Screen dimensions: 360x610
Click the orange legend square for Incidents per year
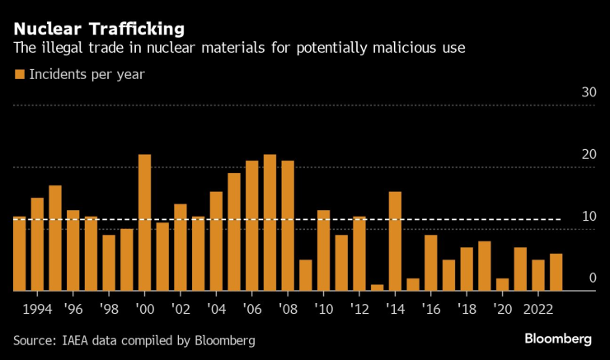pyautogui.click(x=19, y=75)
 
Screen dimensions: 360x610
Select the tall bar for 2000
pyautogui.click(x=144, y=222)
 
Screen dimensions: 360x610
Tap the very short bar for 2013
pyautogui.click(x=377, y=288)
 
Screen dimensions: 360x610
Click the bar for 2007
pyautogui.click(x=270, y=222)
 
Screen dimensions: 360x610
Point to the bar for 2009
pyautogui.click(x=305, y=275)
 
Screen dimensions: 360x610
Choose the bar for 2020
pyautogui.click(x=502, y=284)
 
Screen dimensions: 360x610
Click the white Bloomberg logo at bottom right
pyautogui.click(x=558, y=339)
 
